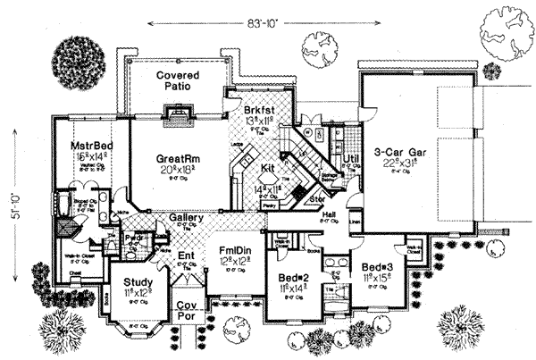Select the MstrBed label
click(92, 146)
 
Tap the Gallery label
click(184, 218)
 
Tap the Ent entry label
click(186, 255)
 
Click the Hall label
click(329, 215)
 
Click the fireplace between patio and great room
click(176, 113)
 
